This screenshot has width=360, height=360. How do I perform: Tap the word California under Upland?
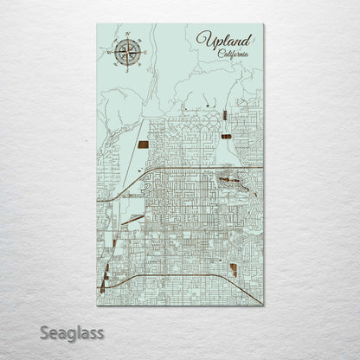[234, 54]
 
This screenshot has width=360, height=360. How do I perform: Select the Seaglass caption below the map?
[71, 332]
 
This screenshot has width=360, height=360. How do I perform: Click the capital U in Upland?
[203, 40]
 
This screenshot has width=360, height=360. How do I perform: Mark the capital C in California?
[222, 54]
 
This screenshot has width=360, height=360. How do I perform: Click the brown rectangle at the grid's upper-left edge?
[142, 145]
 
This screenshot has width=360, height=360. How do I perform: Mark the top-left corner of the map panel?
[97, 24]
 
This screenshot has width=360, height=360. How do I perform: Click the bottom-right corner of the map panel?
[264, 305]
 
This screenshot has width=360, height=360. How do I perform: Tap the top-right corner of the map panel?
[264, 24]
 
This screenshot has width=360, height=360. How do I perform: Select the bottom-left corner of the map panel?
[97, 305]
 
